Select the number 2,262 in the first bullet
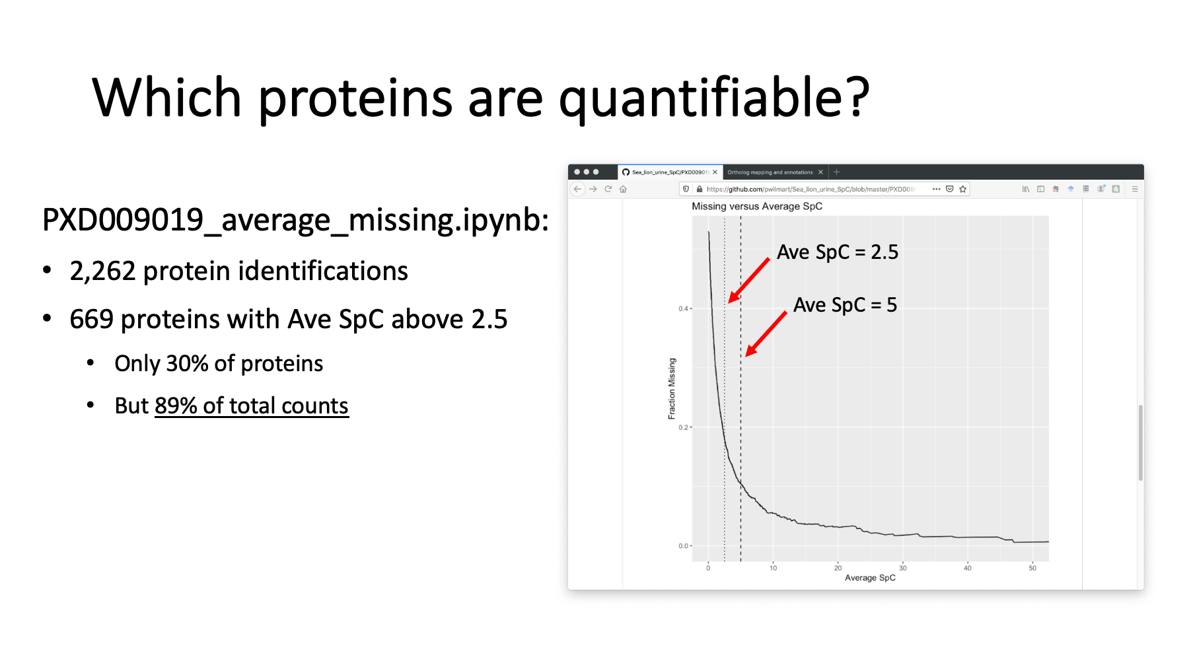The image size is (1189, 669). pos(102,271)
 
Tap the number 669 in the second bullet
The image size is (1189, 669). pos(91,320)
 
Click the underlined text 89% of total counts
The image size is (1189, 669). pos(251,405)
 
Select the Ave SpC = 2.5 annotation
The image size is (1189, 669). pos(838,252)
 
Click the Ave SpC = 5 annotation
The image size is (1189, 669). pos(845,305)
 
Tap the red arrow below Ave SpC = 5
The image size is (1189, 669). pos(766,334)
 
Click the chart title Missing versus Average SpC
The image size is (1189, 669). pos(757,207)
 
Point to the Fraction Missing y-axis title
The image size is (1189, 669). pos(672,389)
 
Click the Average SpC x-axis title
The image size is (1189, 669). pos(870,578)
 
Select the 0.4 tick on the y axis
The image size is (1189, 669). pos(683,308)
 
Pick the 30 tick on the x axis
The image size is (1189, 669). pos(902,568)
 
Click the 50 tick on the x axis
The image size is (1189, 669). pos(1032,568)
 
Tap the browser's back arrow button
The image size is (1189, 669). pos(578,189)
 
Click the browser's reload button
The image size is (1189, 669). pos(608,189)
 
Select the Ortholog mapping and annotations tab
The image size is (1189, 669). pos(770,172)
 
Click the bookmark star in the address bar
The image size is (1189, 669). pos(963,189)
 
